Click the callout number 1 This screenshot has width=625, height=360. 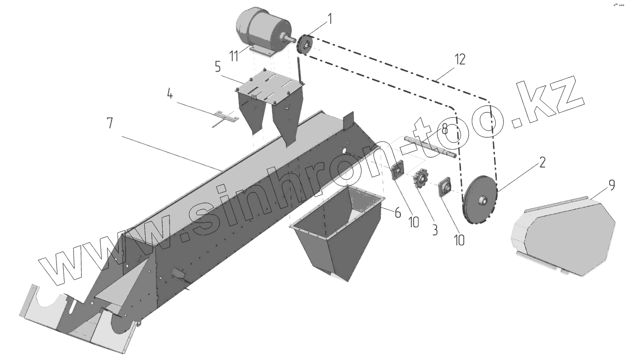329,19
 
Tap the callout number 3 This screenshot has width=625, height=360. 434,229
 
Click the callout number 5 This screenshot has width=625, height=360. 217,67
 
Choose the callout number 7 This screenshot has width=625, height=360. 110,122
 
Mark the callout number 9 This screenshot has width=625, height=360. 611,185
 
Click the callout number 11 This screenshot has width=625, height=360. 234,56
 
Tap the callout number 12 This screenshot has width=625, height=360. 460,60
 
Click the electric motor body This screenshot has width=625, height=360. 262,29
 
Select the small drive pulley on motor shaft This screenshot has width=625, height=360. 305,46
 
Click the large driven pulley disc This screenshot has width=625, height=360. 479,199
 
